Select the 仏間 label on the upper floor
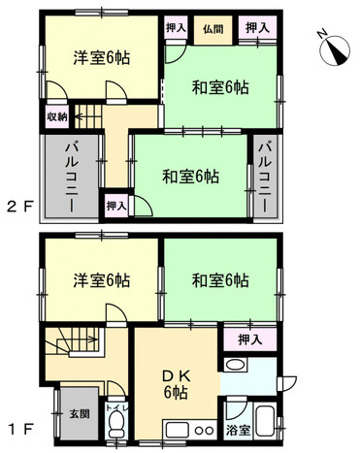pyautogui.click(x=212, y=30)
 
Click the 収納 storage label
pyautogui.click(x=55, y=117)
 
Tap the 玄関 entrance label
pyautogui.click(x=78, y=416)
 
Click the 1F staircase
pyautogui.click(x=74, y=343)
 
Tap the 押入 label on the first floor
pyautogui.click(x=248, y=340)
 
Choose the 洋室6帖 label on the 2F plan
pyautogui.click(x=102, y=56)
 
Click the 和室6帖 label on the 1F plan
pyautogui.click(x=220, y=281)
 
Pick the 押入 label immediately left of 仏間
pyautogui.click(x=176, y=30)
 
